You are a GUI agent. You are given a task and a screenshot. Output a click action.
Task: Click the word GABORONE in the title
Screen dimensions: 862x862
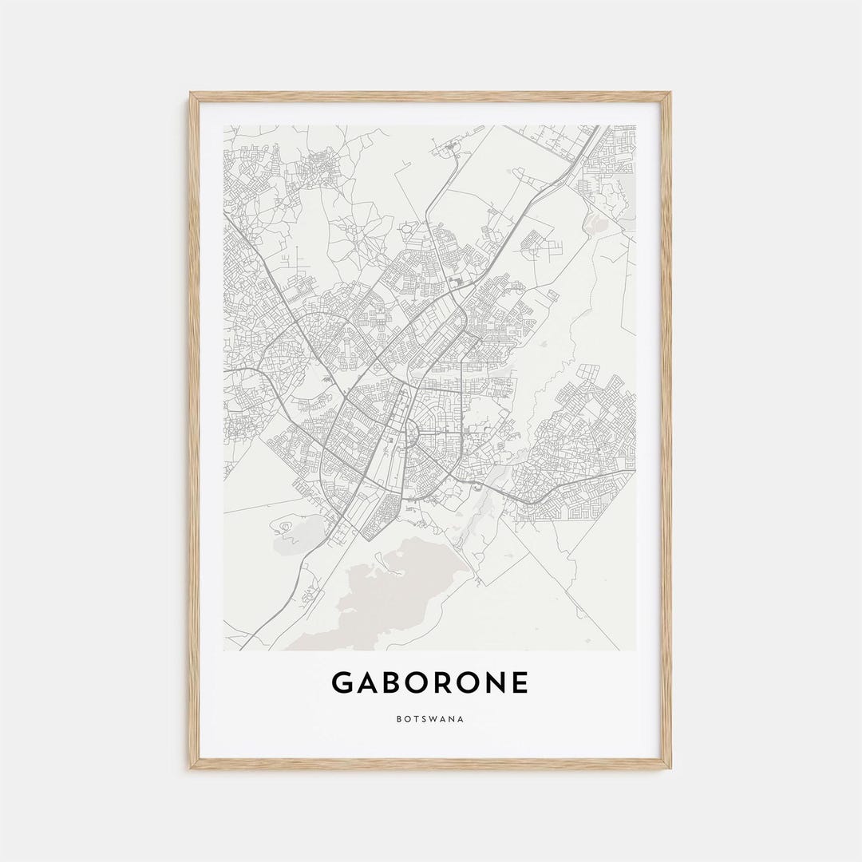(429, 683)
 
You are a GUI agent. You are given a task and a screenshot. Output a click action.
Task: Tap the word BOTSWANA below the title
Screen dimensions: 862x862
(429, 719)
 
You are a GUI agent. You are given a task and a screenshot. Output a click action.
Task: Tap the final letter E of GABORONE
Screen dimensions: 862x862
(520, 683)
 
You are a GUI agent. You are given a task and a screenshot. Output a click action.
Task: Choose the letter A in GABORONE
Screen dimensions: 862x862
(368, 683)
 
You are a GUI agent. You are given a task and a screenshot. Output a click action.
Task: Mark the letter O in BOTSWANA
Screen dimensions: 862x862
(406, 719)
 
